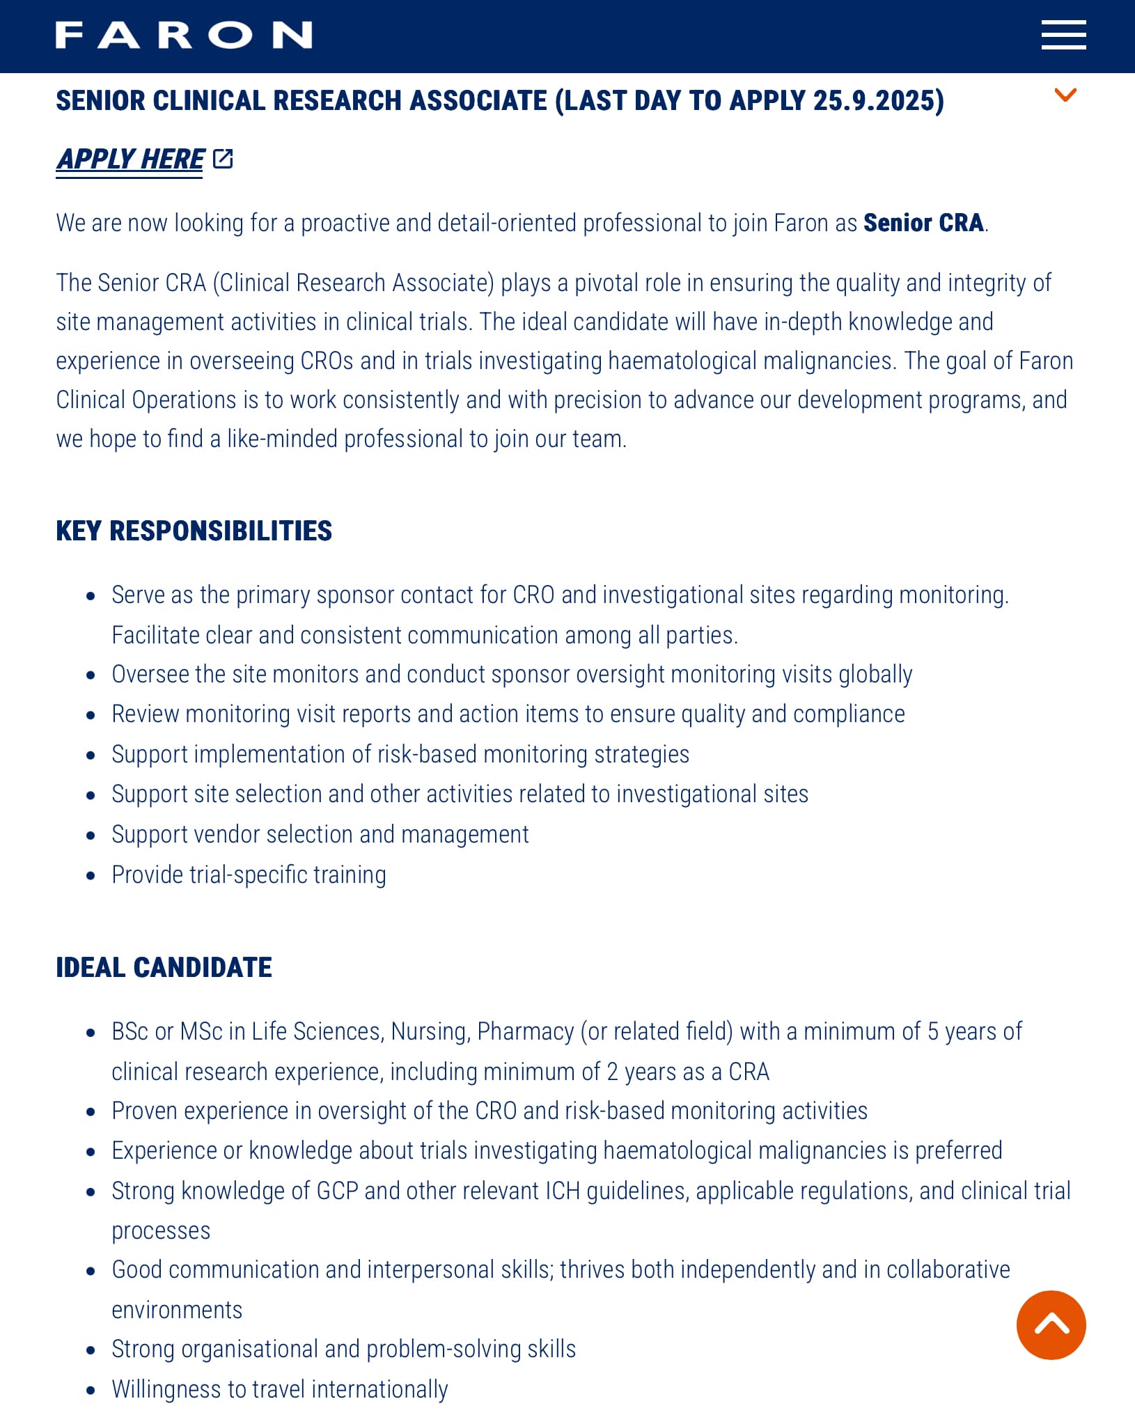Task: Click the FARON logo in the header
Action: [x=184, y=35]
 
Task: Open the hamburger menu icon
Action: [x=1063, y=35]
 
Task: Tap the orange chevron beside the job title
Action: [x=1065, y=95]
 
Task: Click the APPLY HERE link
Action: [x=130, y=159]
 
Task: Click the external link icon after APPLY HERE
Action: [x=223, y=159]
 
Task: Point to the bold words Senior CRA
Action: [x=923, y=223]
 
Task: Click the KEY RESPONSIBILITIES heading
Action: [x=194, y=531]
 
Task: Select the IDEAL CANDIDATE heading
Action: [x=164, y=967]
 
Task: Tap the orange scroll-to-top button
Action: [x=1051, y=1324]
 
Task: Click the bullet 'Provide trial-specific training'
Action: [x=249, y=875]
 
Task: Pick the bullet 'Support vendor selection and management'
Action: [x=320, y=834]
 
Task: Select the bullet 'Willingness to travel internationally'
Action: [x=279, y=1389]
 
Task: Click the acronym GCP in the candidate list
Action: [x=337, y=1191]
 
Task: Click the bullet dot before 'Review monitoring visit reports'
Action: [x=91, y=715]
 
